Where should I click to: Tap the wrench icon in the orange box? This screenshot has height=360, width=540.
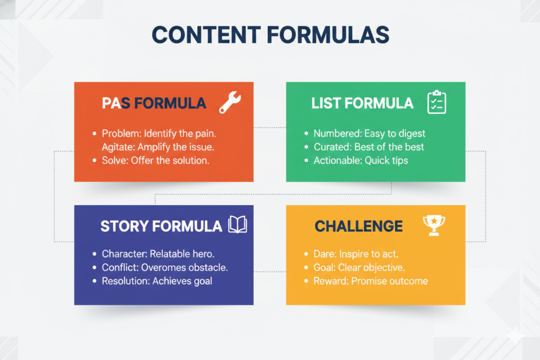tap(229, 102)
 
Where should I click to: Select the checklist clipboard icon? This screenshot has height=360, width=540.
tap(436, 102)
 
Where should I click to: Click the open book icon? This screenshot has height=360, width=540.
tap(237, 226)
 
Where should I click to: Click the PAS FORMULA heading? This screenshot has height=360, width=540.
tap(154, 103)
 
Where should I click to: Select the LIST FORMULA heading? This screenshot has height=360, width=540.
tap(362, 103)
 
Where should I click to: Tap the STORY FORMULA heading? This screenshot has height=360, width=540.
tap(161, 227)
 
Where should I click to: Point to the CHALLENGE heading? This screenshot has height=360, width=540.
tap(359, 227)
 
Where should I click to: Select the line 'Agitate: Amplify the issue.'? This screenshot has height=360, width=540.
tap(158, 147)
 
